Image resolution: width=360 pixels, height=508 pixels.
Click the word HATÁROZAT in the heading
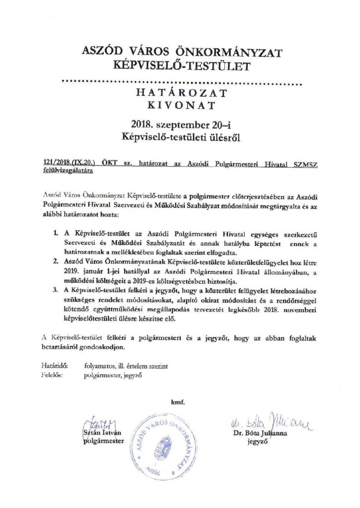[180, 93]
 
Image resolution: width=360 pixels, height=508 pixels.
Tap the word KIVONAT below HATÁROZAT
[180, 106]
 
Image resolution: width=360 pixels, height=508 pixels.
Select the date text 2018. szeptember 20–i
[180, 124]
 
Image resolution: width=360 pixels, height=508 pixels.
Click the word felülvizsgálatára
[68, 170]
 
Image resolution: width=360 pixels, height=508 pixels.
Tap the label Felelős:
[53, 375]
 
